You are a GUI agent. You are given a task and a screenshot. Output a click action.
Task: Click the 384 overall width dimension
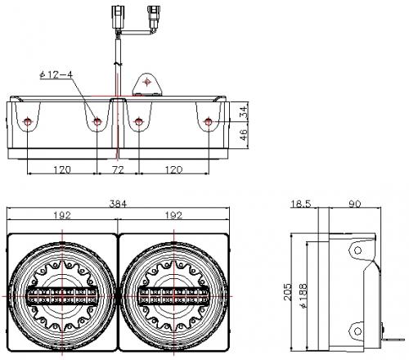coord(118,204)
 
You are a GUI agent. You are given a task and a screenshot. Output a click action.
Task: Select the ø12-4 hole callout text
coord(56,74)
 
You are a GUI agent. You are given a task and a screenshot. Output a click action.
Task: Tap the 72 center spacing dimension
coord(118,170)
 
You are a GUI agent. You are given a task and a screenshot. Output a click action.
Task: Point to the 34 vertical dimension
coord(244,112)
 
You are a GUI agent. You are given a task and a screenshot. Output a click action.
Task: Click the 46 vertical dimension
coord(244,135)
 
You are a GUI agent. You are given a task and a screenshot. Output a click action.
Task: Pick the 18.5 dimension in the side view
coord(301,204)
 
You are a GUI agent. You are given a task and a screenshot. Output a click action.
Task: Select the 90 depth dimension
coord(355,204)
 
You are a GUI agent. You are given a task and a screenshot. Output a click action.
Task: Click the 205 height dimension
coord(288,292)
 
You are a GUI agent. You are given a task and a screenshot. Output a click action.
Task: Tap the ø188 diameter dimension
coord(303,296)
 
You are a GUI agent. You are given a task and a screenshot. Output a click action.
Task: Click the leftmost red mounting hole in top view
coord(28,121)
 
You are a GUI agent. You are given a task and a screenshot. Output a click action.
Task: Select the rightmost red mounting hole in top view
coord(209,121)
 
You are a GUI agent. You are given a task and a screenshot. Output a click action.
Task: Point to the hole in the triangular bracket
coord(147,82)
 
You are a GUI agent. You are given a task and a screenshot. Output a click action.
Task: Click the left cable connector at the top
coord(117,16)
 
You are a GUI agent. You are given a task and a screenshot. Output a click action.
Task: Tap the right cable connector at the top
coord(153,16)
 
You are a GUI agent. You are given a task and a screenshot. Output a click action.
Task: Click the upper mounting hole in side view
coord(357,250)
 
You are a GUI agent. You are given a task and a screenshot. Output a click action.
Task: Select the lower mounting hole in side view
coord(357,331)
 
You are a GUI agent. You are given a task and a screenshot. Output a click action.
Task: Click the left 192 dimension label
coord(62,215)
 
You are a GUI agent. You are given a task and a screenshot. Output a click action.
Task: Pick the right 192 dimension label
coord(173,215)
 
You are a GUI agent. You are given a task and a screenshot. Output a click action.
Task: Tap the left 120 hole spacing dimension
coord(62,170)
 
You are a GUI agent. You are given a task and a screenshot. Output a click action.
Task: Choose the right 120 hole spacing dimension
coord(173,170)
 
